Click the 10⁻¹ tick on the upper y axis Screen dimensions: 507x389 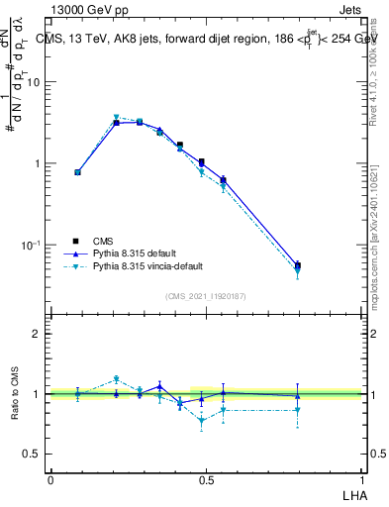(33, 244)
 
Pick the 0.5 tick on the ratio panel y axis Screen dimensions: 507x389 (33, 454)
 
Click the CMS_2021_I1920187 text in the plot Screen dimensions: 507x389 (206, 296)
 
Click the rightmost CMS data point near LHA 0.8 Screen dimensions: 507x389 (298, 264)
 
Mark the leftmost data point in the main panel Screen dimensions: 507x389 (78, 172)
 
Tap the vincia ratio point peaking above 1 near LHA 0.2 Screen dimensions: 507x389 (116, 378)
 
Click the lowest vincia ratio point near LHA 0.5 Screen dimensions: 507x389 (202, 420)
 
